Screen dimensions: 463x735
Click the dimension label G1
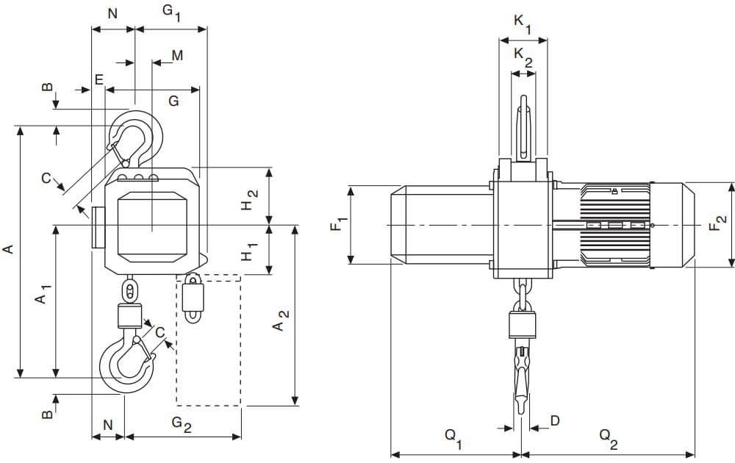(x=171, y=12)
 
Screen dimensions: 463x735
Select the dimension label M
(x=176, y=56)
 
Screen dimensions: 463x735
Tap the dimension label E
(x=98, y=79)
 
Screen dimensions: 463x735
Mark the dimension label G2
(x=181, y=424)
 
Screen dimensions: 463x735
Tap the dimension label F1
(x=337, y=224)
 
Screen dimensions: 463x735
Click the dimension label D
(x=555, y=420)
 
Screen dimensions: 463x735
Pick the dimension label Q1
(x=453, y=438)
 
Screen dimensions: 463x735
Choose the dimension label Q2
(x=607, y=438)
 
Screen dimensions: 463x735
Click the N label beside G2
(x=108, y=424)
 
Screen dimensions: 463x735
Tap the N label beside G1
(x=112, y=12)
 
